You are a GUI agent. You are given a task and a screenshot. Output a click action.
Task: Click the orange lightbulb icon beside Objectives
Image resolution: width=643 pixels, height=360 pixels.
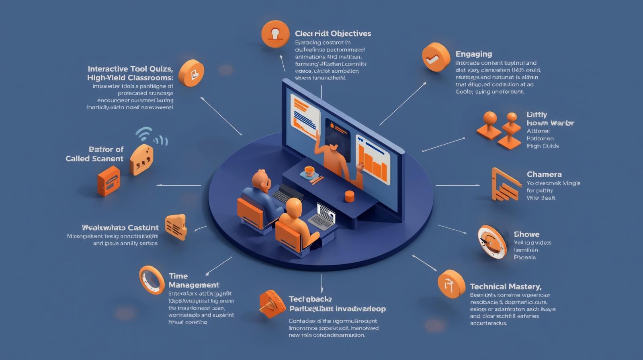click(x=275, y=34)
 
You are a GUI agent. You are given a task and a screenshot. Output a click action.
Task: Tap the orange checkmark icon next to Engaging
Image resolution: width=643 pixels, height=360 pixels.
click(x=436, y=57)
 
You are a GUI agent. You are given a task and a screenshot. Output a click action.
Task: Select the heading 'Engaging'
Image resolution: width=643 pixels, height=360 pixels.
click(x=473, y=54)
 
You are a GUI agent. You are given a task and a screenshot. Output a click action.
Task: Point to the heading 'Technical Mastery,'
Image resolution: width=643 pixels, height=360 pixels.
click(x=505, y=286)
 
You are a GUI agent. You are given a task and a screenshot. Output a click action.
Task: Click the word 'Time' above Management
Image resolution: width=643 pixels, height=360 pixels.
click(x=178, y=276)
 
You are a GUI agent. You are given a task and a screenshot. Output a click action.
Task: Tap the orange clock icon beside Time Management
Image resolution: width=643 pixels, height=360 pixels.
click(x=152, y=280)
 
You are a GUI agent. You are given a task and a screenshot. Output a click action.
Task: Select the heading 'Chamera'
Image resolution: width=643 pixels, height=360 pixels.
click(x=544, y=174)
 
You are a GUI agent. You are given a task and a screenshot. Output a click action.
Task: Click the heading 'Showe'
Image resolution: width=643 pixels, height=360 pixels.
click(x=526, y=234)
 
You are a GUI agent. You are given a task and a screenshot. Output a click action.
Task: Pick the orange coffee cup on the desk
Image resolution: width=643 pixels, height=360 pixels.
click(x=309, y=171)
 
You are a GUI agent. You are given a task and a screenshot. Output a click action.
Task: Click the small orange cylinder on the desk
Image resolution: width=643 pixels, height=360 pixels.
click(x=349, y=196)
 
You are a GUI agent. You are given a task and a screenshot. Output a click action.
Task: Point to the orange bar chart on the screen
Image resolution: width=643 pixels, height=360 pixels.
click(x=373, y=163)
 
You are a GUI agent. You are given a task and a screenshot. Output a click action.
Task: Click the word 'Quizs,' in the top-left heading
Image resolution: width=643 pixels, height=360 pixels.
click(x=158, y=69)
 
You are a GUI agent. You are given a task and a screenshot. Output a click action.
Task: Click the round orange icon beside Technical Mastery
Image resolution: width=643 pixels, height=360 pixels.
click(x=451, y=284)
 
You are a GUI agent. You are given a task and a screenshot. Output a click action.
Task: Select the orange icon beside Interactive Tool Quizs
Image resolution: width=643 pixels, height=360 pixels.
click(x=191, y=73)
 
